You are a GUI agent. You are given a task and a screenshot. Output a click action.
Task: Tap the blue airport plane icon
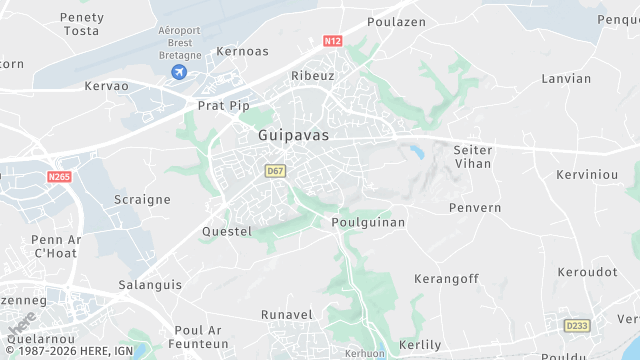point(179,72)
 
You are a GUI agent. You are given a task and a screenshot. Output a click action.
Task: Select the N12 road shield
point(333,42)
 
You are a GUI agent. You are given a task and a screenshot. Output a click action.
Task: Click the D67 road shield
point(276,171)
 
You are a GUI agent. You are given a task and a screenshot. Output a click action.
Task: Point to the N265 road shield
point(59,177)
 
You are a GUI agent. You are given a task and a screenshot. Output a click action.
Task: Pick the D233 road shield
point(576,325)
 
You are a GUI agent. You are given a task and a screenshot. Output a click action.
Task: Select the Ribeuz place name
point(312,76)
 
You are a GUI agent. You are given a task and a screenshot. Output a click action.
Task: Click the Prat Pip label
point(222,105)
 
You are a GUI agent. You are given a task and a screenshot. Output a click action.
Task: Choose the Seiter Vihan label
point(473,156)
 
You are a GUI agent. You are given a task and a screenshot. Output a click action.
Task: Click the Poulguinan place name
point(368,223)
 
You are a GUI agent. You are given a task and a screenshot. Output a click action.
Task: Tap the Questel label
point(227,231)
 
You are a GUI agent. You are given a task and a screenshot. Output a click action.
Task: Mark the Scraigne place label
point(142,199)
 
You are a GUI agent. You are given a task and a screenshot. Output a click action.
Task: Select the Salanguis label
point(151,285)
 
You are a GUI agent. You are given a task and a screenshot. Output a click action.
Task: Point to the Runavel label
point(287,315)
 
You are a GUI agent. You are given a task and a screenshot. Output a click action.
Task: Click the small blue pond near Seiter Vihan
point(413,152)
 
